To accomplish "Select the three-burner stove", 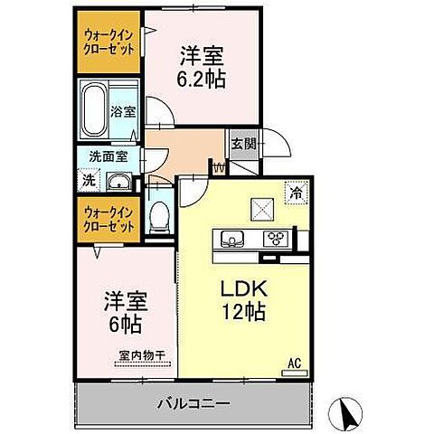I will (275, 239).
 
